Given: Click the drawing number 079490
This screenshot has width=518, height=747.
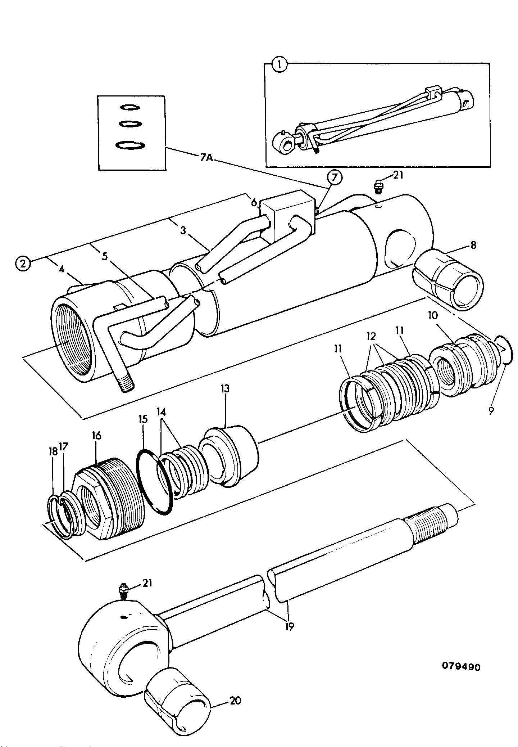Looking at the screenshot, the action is (461, 667).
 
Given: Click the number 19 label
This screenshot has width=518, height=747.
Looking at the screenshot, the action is (289, 627).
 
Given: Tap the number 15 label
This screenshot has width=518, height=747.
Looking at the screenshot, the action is (143, 419).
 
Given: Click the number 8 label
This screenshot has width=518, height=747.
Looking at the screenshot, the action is (473, 245).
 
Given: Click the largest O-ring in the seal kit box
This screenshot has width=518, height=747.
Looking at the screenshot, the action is (130, 145).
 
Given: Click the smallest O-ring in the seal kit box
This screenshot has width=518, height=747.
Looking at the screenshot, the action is (129, 107).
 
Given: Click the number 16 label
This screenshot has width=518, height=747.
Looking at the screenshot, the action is (96, 436).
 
